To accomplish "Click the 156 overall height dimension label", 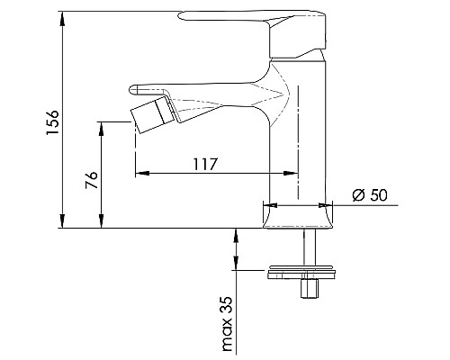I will coord(51,122).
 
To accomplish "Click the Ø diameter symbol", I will coord(357,195).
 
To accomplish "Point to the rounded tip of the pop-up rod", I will coord(135,88).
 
